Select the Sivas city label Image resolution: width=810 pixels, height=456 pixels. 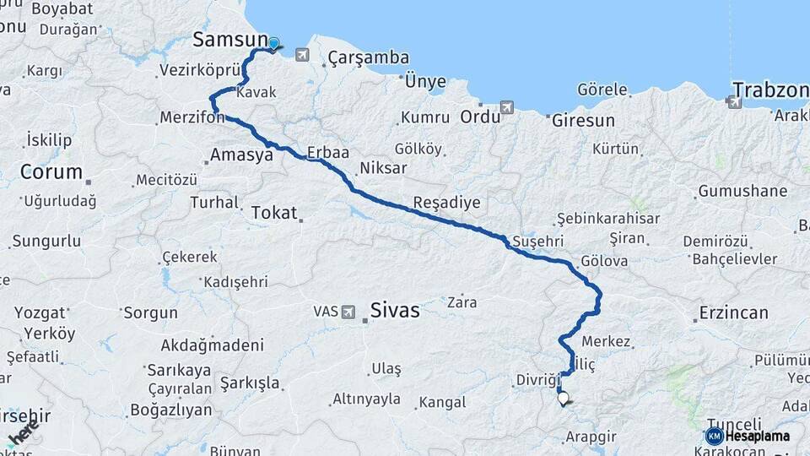click(394, 311)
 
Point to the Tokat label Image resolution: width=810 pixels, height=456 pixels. click(274, 213)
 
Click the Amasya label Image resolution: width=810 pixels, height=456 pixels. click(241, 155)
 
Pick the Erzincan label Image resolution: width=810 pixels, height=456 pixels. click(733, 313)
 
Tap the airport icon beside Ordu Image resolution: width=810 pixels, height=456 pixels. click(506, 108)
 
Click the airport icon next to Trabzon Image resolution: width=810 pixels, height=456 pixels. click(733, 102)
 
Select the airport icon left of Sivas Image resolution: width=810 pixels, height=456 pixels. click(348, 312)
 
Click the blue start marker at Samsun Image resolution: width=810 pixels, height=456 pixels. click(273, 43)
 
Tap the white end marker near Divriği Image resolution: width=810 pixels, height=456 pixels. click(563, 399)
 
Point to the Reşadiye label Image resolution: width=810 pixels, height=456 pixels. click(446, 203)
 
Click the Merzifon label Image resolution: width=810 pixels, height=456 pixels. click(191, 118)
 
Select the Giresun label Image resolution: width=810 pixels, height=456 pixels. click(583, 121)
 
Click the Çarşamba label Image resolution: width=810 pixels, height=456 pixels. click(369, 58)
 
